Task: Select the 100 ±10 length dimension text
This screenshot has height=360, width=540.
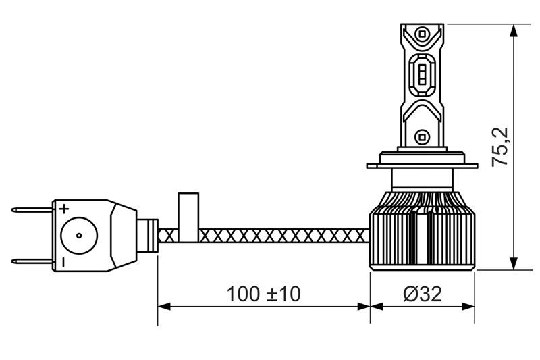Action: click(263, 294)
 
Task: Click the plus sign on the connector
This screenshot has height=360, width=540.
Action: click(64, 208)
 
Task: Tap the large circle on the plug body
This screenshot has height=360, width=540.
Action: click(79, 235)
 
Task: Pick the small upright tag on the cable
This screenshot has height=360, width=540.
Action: click(188, 215)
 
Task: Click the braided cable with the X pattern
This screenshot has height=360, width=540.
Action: click(283, 235)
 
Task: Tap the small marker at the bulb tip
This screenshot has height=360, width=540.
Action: click(421, 32)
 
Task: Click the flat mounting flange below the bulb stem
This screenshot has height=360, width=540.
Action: click(423, 164)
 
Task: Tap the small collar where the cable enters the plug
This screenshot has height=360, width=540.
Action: click(151, 235)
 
